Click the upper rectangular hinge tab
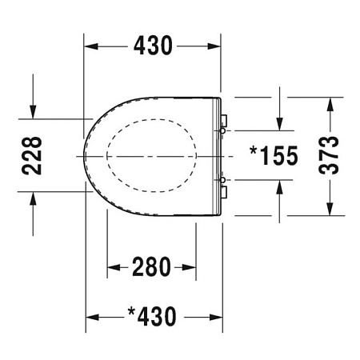point(223,119)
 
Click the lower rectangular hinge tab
point(223,190)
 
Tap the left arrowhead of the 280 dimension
point(112,266)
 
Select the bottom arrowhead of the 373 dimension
point(328,210)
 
